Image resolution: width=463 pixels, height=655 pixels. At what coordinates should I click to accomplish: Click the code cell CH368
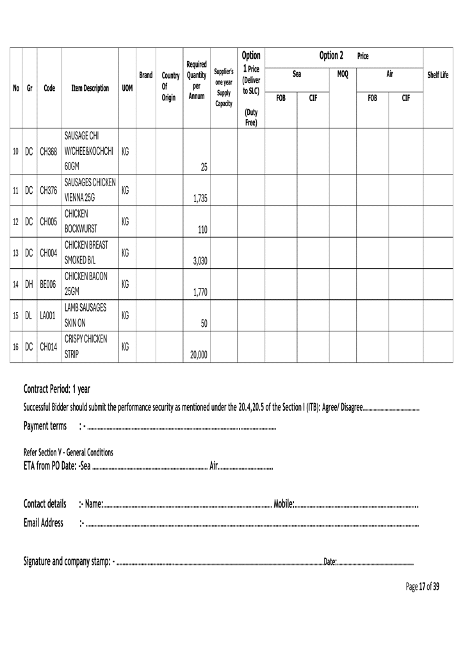(49, 152)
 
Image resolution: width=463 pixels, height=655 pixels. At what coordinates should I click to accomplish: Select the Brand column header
(145, 75)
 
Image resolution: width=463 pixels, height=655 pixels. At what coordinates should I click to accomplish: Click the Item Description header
(90, 88)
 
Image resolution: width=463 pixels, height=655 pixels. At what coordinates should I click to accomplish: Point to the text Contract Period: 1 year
(57, 389)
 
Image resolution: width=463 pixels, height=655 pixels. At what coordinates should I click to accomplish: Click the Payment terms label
(46, 426)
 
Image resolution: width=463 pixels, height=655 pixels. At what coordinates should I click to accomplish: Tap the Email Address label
(43, 523)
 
